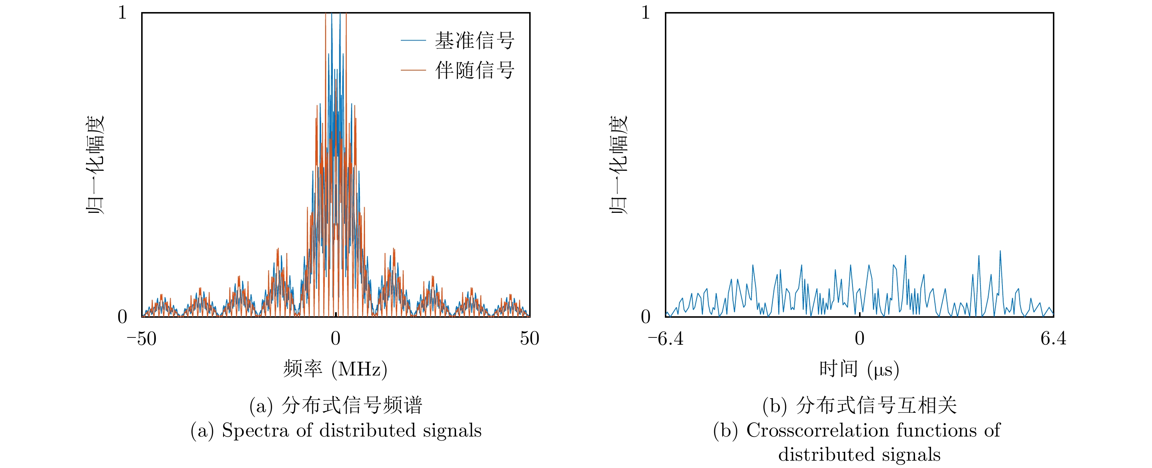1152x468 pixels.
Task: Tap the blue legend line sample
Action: pyautogui.click(x=413, y=41)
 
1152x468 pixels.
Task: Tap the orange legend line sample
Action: pyautogui.click(x=413, y=70)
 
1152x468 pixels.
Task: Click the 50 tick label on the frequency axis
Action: pyautogui.click(x=530, y=339)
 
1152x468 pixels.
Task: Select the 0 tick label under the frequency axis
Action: pyautogui.click(x=335, y=339)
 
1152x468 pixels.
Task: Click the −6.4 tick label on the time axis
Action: pyautogui.click(x=666, y=339)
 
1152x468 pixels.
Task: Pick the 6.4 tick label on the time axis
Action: pyautogui.click(x=1053, y=339)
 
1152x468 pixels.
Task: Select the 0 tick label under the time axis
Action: pyautogui.click(x=859, y=339)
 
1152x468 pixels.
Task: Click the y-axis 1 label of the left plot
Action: pyautogui.click(x=123, y=12)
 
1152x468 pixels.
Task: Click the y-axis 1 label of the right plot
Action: pyautogui.click(x=645, y=12)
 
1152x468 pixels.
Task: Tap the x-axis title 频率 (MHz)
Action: pyautogui.click(x=335, y=369)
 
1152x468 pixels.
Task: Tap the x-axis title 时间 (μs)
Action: pyautogui.click(x=859, y=369)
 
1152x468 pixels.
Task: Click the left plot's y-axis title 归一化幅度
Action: pyautogui.click(x=95, y=165)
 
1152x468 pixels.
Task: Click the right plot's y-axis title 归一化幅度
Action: pyautogui.click(x=619, y=165)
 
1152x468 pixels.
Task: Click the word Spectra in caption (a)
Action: pyautogui.click(x=255, y=430)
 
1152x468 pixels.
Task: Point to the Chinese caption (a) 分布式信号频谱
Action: pyautogui.click(x=336, y=405)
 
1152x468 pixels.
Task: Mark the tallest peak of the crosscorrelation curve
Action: pyautogui.click(x=1000, y=251)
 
